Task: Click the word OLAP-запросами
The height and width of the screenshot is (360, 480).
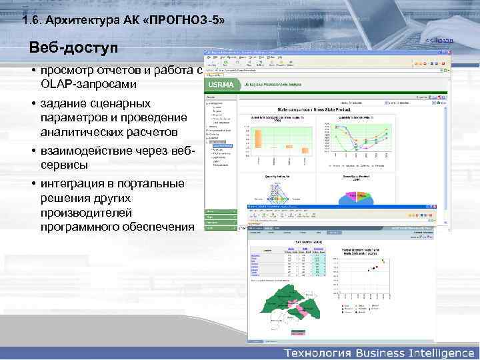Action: pos(88,85)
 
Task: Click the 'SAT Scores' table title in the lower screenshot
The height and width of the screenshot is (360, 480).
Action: pos(308,239)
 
